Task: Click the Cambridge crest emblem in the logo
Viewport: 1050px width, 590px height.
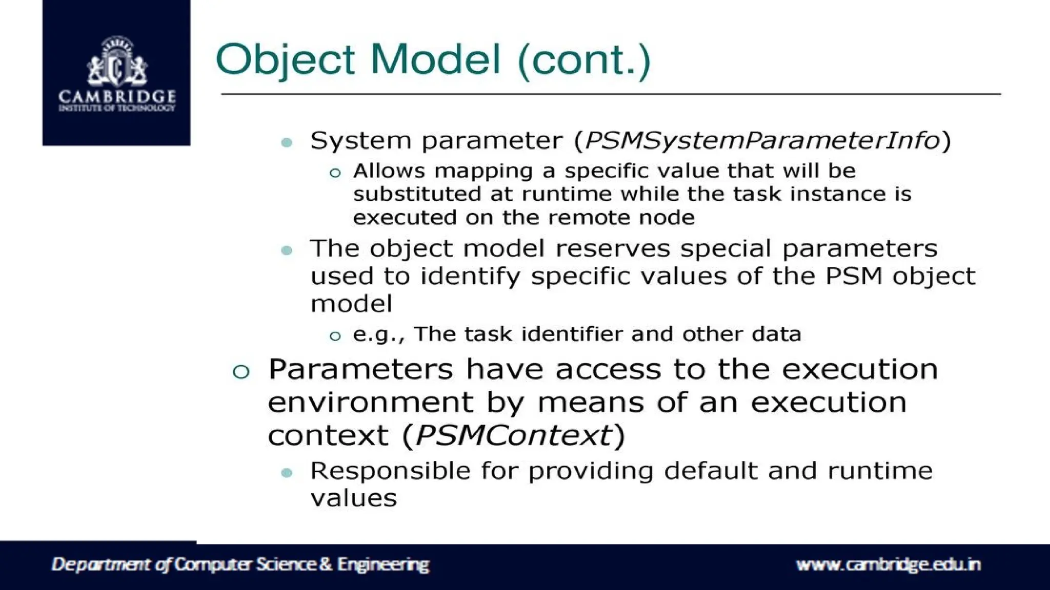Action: [117, 62]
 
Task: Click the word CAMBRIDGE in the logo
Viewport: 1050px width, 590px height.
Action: [117, 96]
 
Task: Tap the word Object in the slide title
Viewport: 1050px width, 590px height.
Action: [285, 59]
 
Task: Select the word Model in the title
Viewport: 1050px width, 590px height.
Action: [435, 59]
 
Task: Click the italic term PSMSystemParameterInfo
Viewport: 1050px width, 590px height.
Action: [762, 140]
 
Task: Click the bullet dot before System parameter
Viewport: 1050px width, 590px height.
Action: [287, 142]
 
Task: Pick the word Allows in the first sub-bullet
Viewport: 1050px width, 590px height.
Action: [389, 171]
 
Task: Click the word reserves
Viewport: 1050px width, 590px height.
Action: [613, 249]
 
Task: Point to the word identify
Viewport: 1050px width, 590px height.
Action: [470, 277]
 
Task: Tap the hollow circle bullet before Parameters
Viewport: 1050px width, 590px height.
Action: [240, 371]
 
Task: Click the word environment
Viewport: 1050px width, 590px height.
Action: [370, 402]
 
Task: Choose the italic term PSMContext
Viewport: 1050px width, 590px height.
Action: [514, 436]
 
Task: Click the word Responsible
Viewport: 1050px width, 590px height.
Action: [390, 471]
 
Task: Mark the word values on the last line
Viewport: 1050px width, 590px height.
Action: [353, 498]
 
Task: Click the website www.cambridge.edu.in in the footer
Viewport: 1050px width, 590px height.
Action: [888, 564]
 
